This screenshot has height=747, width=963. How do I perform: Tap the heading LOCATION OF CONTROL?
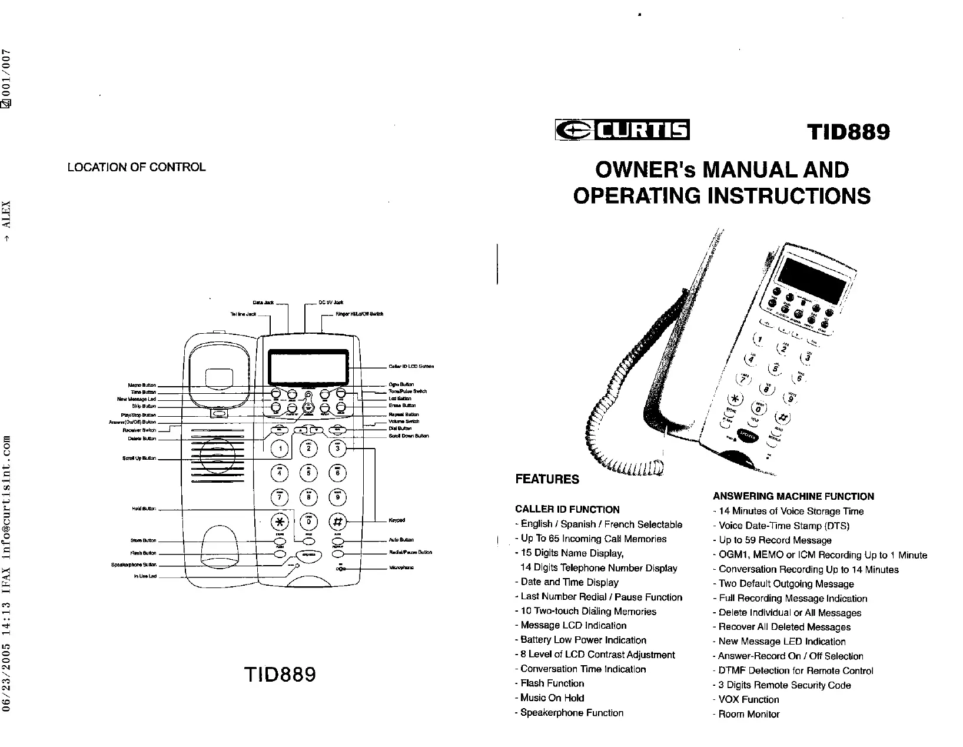(x=137, y=167)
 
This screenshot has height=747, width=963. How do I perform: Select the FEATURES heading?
(x=547, y=479)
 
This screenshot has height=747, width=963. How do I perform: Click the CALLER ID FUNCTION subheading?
(x=567, y=509)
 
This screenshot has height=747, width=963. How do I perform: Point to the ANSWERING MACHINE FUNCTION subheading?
(x=793, y=496)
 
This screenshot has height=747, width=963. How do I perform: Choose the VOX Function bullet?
(x=748, y=699)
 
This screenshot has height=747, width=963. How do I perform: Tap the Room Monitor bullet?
(x=749, y=714)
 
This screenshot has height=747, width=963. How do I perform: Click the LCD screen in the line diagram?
(x=308, y=366)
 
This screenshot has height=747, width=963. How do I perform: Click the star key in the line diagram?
(x=280, y=522)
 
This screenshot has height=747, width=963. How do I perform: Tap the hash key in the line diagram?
(x=337, y=522)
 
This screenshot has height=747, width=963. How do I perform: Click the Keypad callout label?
(x=396, y=520)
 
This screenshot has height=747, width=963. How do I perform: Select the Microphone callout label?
(x=401, y=568)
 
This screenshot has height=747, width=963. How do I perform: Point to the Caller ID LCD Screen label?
(x=411, y=366)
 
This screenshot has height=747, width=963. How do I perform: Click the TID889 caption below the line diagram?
(x=279, y=675)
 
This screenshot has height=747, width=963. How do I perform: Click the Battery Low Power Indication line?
(x=583, y=640)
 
